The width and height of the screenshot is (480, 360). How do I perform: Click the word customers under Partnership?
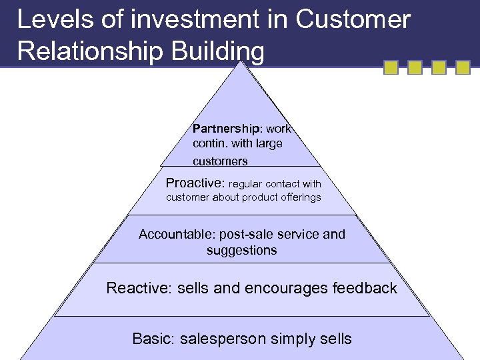[x=220, y=161]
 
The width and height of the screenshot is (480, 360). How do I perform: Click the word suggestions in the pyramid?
[x=241, y=251]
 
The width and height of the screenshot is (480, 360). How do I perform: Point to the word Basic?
[x=151, y=339]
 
